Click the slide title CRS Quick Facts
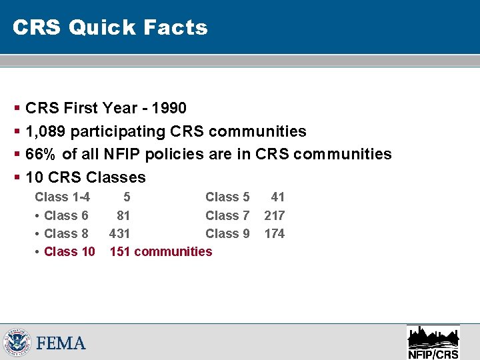110,27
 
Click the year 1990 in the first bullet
170,108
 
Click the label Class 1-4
63,197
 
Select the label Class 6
66,215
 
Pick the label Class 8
66,233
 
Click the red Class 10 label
69,251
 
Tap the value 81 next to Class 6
123,215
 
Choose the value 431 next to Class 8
120,233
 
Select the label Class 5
227,197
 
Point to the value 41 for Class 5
278,197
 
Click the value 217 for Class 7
275,215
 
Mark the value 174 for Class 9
275,233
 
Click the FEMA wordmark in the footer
61,343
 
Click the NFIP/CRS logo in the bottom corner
433,342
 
